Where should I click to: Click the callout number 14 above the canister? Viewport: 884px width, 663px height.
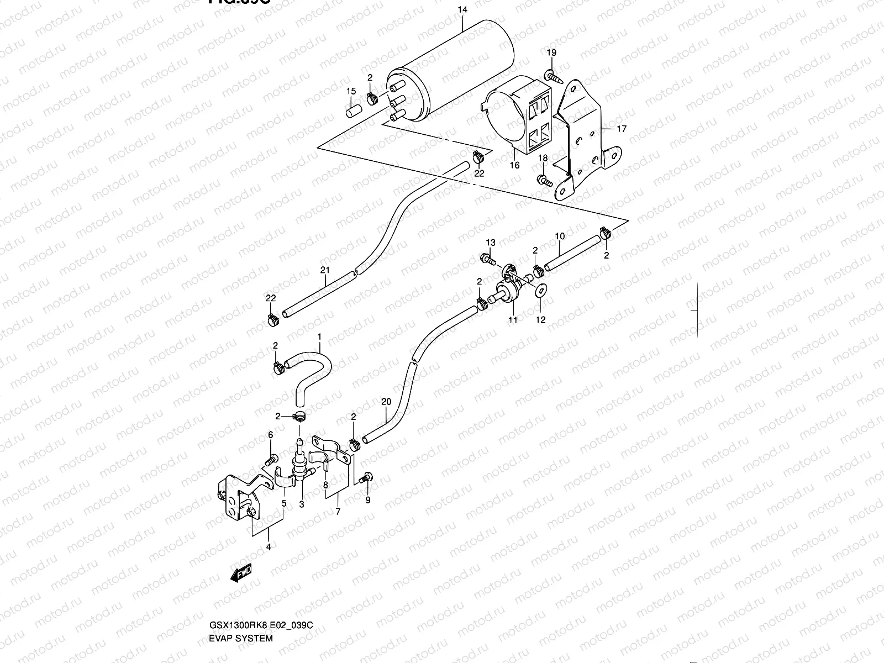462,10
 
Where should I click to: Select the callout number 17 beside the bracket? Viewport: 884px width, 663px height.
622,129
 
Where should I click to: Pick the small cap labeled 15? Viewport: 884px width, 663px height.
351,112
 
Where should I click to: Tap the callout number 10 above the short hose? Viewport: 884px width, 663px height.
560,236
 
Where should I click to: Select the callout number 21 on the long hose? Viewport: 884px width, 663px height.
324,270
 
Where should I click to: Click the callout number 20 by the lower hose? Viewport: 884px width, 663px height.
386,402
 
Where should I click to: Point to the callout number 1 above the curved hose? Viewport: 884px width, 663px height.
319,336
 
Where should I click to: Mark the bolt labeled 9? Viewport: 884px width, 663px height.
365,478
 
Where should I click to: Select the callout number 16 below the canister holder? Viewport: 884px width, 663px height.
514,165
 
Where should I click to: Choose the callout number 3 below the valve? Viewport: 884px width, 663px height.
302,504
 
